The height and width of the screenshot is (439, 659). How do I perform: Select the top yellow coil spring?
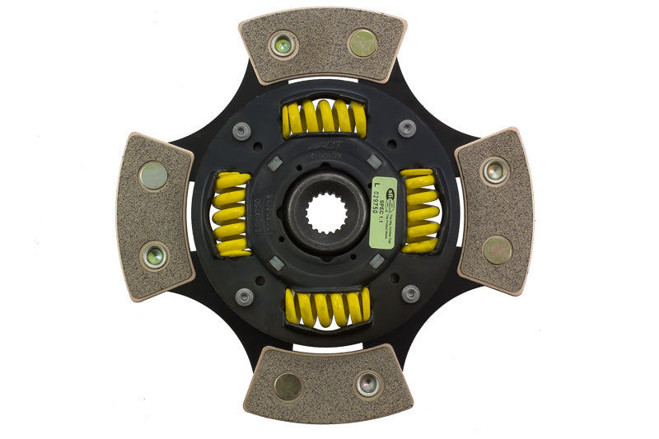coord(324,117)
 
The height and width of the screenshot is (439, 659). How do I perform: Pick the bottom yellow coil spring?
coord(327,307)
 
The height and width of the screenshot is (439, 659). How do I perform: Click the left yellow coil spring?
coord(231,214)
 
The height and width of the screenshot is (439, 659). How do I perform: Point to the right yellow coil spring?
coord(420,210)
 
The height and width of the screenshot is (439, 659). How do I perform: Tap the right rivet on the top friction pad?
coord(362,43)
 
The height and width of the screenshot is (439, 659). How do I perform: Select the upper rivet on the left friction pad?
coord(153,175)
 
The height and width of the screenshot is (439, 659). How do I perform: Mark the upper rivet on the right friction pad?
coord(495,170)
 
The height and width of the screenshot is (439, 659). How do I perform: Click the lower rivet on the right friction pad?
coord(498,250)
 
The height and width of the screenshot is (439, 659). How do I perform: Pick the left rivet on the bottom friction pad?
coord(287,385)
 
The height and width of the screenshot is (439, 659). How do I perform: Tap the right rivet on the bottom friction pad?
coord(368,384)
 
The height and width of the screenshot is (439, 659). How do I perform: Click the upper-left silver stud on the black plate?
coord(241,130)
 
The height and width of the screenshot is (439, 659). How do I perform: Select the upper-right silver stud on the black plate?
coord(407,128)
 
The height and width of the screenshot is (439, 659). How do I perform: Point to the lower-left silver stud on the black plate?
coord(244,296)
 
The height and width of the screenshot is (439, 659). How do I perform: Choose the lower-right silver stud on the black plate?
coord(410,293)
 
